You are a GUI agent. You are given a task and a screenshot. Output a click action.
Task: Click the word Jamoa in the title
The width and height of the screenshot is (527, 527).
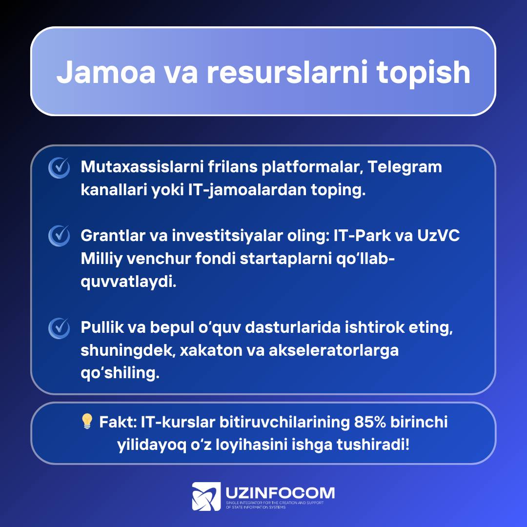pyautogui.click(x=106, y=72)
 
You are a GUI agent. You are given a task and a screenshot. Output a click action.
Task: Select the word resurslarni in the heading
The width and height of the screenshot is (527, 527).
pyautogui.click(x=288, y=72)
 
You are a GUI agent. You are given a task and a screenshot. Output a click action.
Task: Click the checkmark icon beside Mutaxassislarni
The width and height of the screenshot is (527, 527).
pyautogui.click(x=59, y=167)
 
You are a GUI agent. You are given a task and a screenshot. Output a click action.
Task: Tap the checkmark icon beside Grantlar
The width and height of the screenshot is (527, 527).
pyautogui.click(x=59, y=236)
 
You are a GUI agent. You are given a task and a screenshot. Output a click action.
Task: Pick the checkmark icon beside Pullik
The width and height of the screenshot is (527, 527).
pyautogui.click(x=59, y=328)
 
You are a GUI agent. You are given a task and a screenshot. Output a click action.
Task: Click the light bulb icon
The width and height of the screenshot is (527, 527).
pyautogui.click(x=87, y=421)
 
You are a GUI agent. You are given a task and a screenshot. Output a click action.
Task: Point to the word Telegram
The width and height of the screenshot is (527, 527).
pyautogui.click(x=405, y=167)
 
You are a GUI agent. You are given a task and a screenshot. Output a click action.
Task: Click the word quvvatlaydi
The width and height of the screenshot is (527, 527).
pyautogui.click(x=128, y=282)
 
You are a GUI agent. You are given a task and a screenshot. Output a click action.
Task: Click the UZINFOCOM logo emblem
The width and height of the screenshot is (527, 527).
pyautogui.click(x=206, y=496)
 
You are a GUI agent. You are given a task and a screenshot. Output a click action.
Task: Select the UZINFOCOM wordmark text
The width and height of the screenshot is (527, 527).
pyautogui.click(x=280, y=493)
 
